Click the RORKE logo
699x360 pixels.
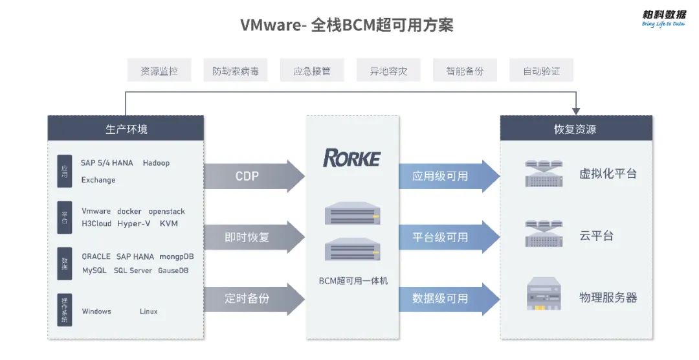pyautogui.click(x=352, y=158)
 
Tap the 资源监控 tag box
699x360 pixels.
pyautogui.click(x=159, y=71)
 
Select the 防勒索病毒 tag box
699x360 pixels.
pyautogui.click(x=236, y=71)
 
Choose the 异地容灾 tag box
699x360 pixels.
pyautogui.click(x=388, y=71)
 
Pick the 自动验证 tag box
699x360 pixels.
pyautogui.click(x=541, y=71)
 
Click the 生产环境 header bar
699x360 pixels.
pyautogui.click(x=126, y=129)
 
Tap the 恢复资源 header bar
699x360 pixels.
pyautogui.click(x=575, y=129)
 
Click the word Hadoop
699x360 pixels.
pyautogui.click(x=156, y=163)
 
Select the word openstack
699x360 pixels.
pyautogui.click(x=166, y=211)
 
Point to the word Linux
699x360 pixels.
pyautogui.click(x=148, y=311)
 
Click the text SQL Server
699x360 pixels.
pyautogui.click(x=133, y=270)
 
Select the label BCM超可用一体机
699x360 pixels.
pyautogui.click(x=353, y=281)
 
